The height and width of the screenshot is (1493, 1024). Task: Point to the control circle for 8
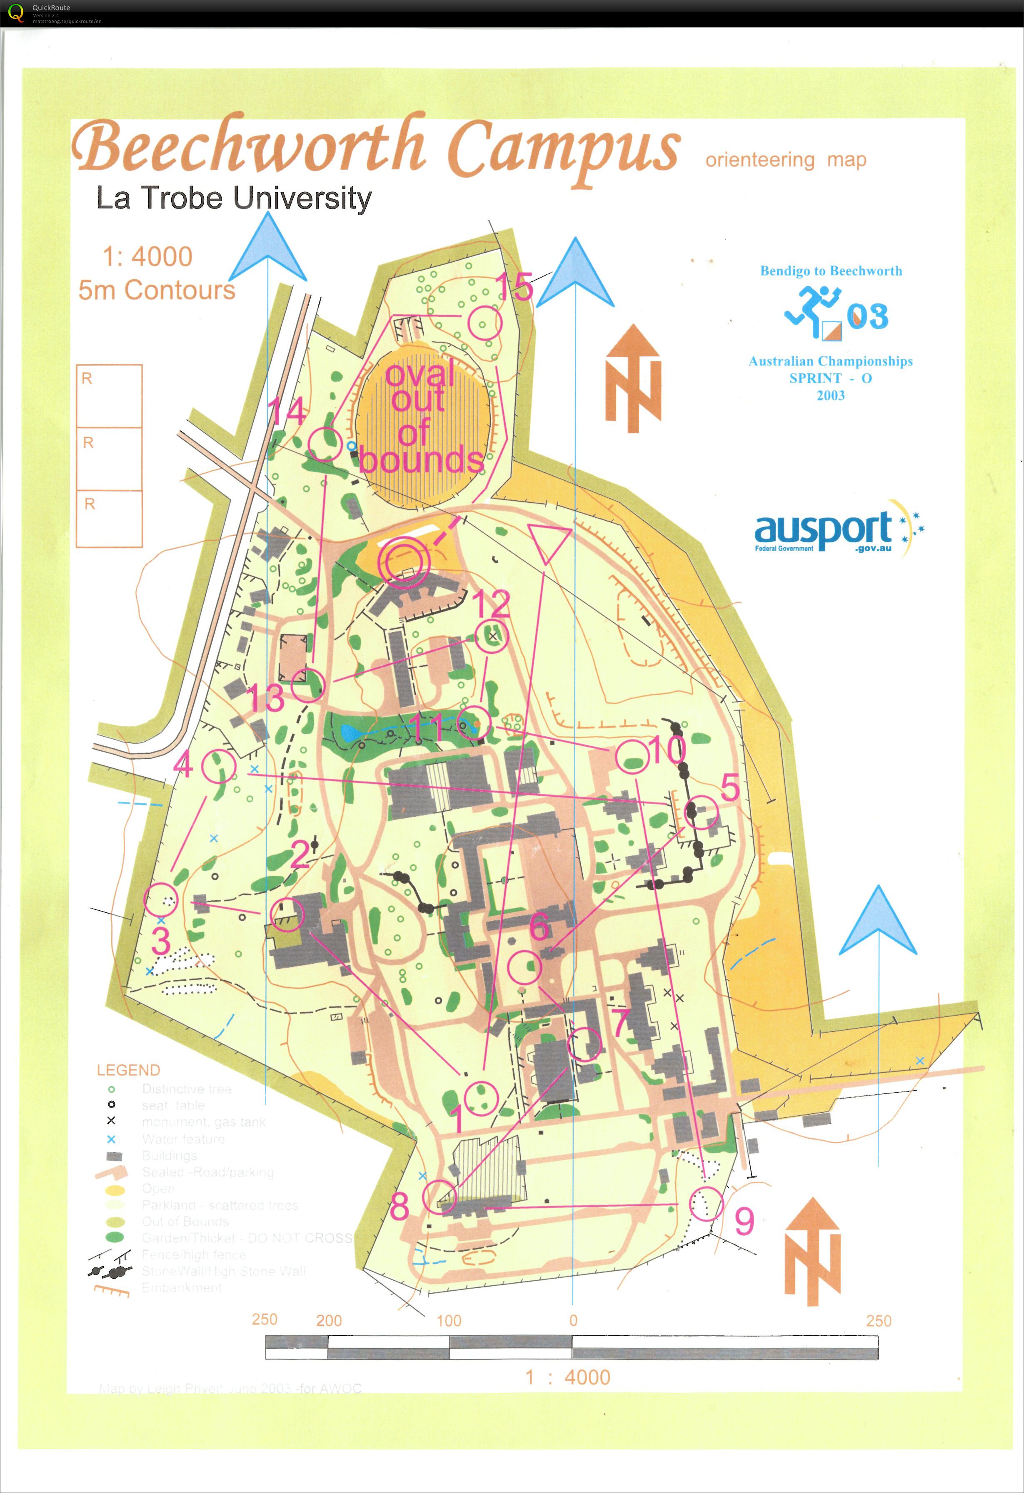(440, 1196)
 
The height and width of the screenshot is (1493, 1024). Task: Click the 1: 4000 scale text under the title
(147, 257)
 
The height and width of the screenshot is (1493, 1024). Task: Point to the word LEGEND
(128, 1070)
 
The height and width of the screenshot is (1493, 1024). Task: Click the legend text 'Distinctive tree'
(186, 1089)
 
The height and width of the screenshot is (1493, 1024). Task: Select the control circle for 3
(160, 899)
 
